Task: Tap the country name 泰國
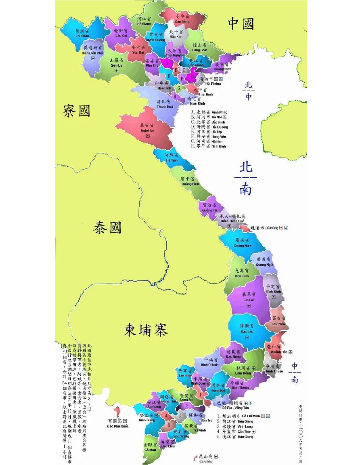click(107, 227)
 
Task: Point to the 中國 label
click(241, 23)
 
